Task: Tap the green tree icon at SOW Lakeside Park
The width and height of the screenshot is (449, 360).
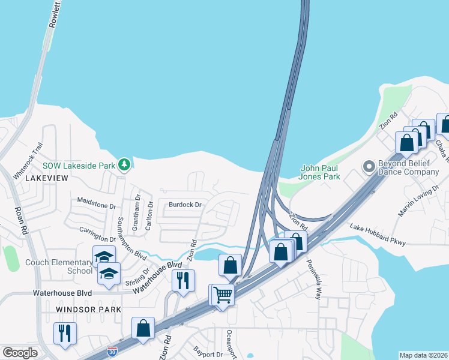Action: click(124, 164)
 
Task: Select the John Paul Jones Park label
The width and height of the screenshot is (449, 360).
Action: click(319, 172)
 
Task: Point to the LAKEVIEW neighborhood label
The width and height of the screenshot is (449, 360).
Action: click(42, 178)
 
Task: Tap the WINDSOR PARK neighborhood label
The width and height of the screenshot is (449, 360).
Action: click(88, 310)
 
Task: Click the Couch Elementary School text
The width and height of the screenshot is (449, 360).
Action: click(58, 266)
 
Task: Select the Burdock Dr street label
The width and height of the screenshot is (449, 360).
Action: click(184, 205)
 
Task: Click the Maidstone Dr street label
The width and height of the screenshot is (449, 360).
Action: click(96, 205)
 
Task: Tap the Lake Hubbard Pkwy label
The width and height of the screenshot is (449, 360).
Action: click(378, 234)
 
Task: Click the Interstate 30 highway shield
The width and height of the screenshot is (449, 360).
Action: click(112, 350)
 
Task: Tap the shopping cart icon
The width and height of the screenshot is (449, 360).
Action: click(223, 295)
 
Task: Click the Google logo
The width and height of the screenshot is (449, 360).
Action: click(20, 353)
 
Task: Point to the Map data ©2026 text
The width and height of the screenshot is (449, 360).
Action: click(423, 355)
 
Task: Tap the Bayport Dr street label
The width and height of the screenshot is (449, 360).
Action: click(208, 354)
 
